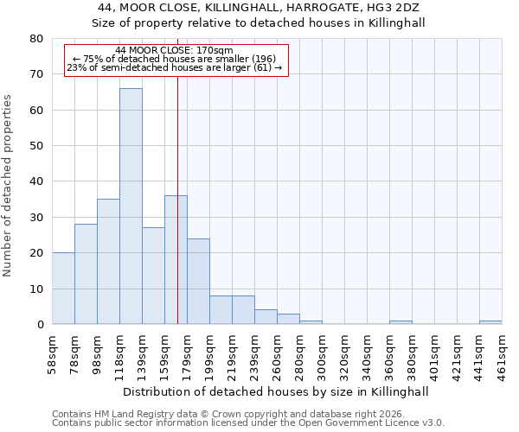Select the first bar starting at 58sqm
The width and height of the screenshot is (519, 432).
[x=63, y=289]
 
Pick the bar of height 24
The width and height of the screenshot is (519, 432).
[x=198, y=282]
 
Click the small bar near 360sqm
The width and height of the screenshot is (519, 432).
[x=400, y=322]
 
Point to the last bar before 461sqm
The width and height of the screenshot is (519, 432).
[x=490, y=322]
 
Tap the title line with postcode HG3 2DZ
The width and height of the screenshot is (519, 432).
[x=259, y=7]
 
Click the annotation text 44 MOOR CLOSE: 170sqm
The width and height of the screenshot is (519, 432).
[x=174, y=50]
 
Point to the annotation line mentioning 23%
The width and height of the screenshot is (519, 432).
[x=174, y=67]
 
